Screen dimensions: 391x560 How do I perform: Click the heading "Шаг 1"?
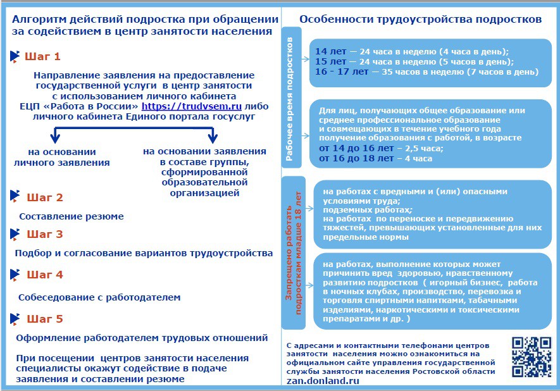42,57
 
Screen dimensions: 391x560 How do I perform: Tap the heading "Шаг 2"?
44,197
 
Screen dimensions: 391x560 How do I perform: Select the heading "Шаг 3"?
44,234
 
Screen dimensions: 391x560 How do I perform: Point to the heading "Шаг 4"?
44,275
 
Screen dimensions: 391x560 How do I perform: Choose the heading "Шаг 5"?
44,319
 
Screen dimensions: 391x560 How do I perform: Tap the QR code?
530,356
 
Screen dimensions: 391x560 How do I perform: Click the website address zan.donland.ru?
323,382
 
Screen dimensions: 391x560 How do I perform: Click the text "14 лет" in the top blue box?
330,51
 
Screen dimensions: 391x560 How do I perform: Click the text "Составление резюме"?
72,216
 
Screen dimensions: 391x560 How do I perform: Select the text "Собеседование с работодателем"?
99,297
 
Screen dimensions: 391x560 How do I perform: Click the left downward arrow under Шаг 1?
55,135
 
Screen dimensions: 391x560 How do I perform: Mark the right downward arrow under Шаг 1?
213,135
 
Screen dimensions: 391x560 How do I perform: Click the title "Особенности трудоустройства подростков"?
420,20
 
